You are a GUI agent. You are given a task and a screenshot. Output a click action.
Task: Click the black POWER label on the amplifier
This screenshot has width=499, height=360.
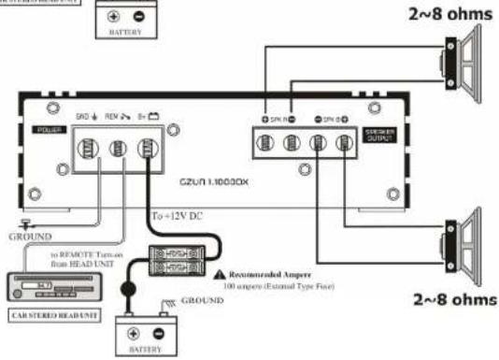coord(46,129)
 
